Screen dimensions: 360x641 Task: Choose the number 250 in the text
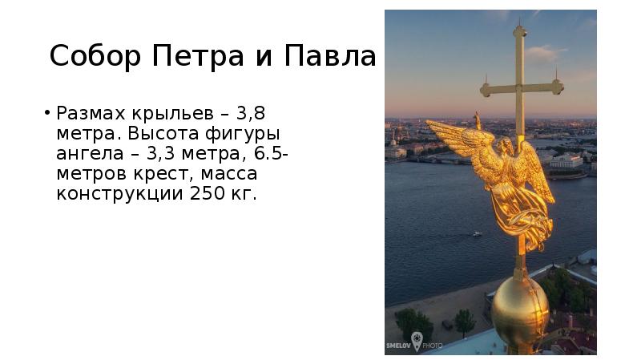tap(207, 194)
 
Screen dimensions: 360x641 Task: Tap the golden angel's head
tap(506, 146)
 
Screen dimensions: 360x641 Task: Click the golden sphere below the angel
tap(519, 312)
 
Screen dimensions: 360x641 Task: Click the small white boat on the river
tap(477, 234)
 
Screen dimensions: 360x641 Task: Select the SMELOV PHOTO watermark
tap(415, 342)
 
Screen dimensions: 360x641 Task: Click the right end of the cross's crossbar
tap(558, 84)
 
